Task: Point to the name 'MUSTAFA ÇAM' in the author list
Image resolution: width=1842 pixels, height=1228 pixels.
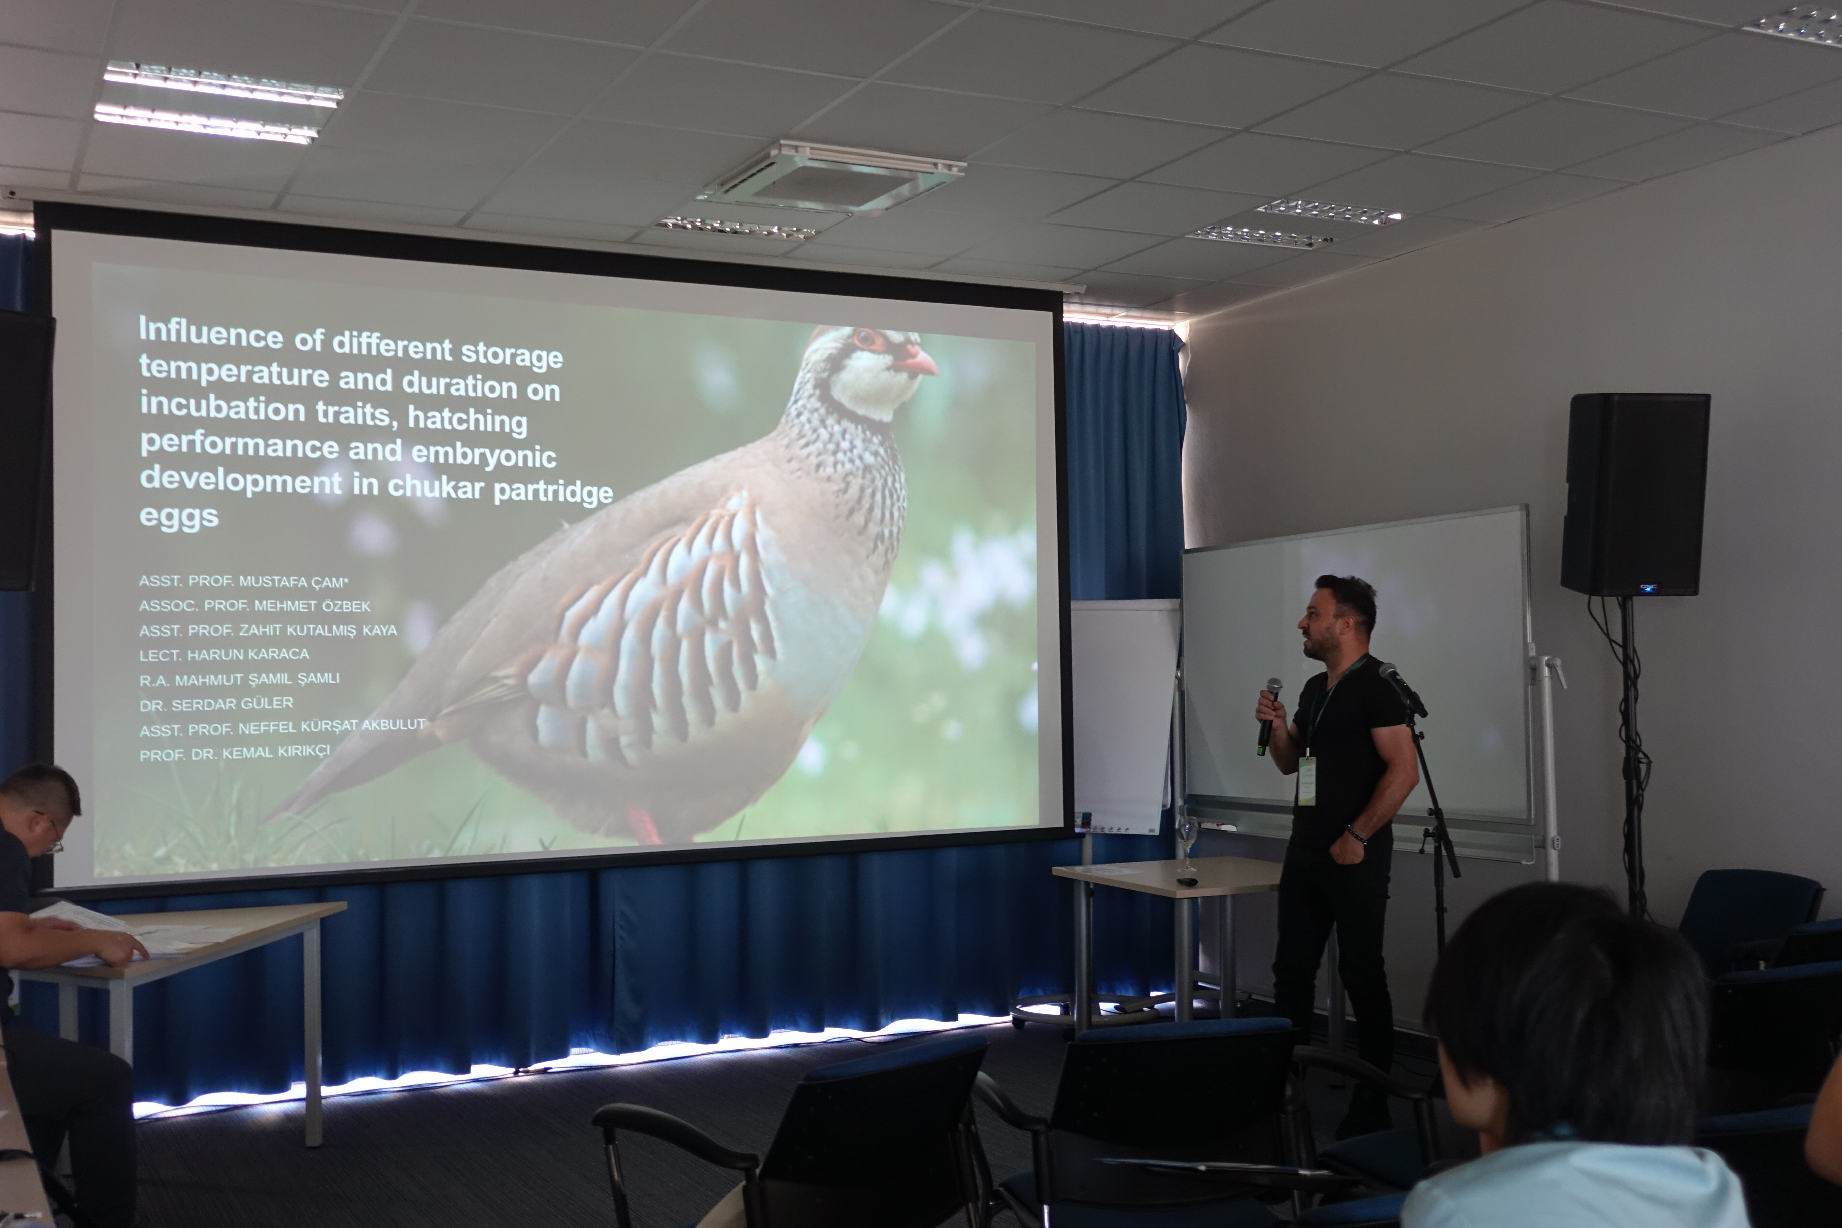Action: [293, 581]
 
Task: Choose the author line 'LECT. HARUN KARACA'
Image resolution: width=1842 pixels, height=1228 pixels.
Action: [224, 654]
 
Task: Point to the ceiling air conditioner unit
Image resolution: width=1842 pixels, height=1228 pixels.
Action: [832, 177]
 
